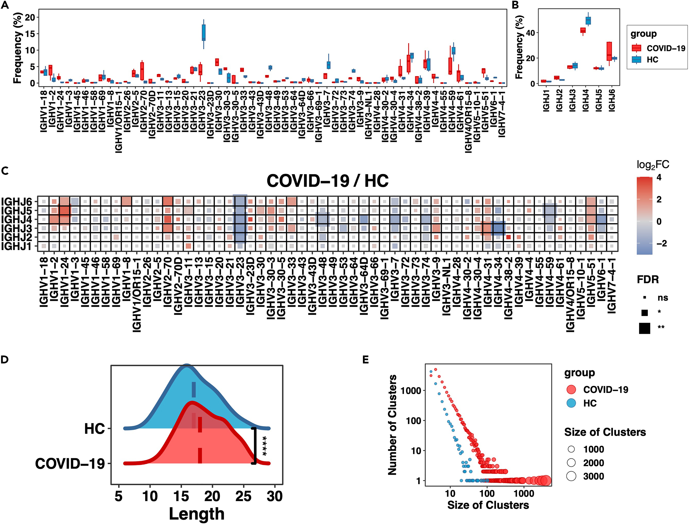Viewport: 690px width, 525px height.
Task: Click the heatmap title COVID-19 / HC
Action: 328,181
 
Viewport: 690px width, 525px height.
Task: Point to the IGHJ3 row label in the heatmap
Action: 17,228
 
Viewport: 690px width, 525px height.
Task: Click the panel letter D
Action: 5,360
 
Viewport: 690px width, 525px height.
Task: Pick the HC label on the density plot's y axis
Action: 94,429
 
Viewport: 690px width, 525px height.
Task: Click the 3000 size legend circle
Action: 571,476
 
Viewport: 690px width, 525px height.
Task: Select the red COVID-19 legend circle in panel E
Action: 571,390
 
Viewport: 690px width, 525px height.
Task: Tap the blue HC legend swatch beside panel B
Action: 636,59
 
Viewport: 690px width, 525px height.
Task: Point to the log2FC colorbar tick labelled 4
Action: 659,177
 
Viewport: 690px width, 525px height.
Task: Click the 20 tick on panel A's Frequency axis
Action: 30,17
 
